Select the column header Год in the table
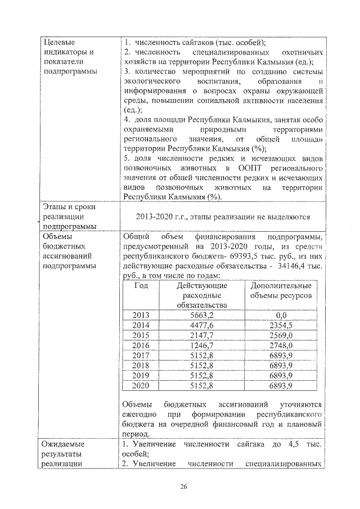(141, 286)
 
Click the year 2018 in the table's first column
(141, 366)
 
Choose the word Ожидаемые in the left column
(64, 444)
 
